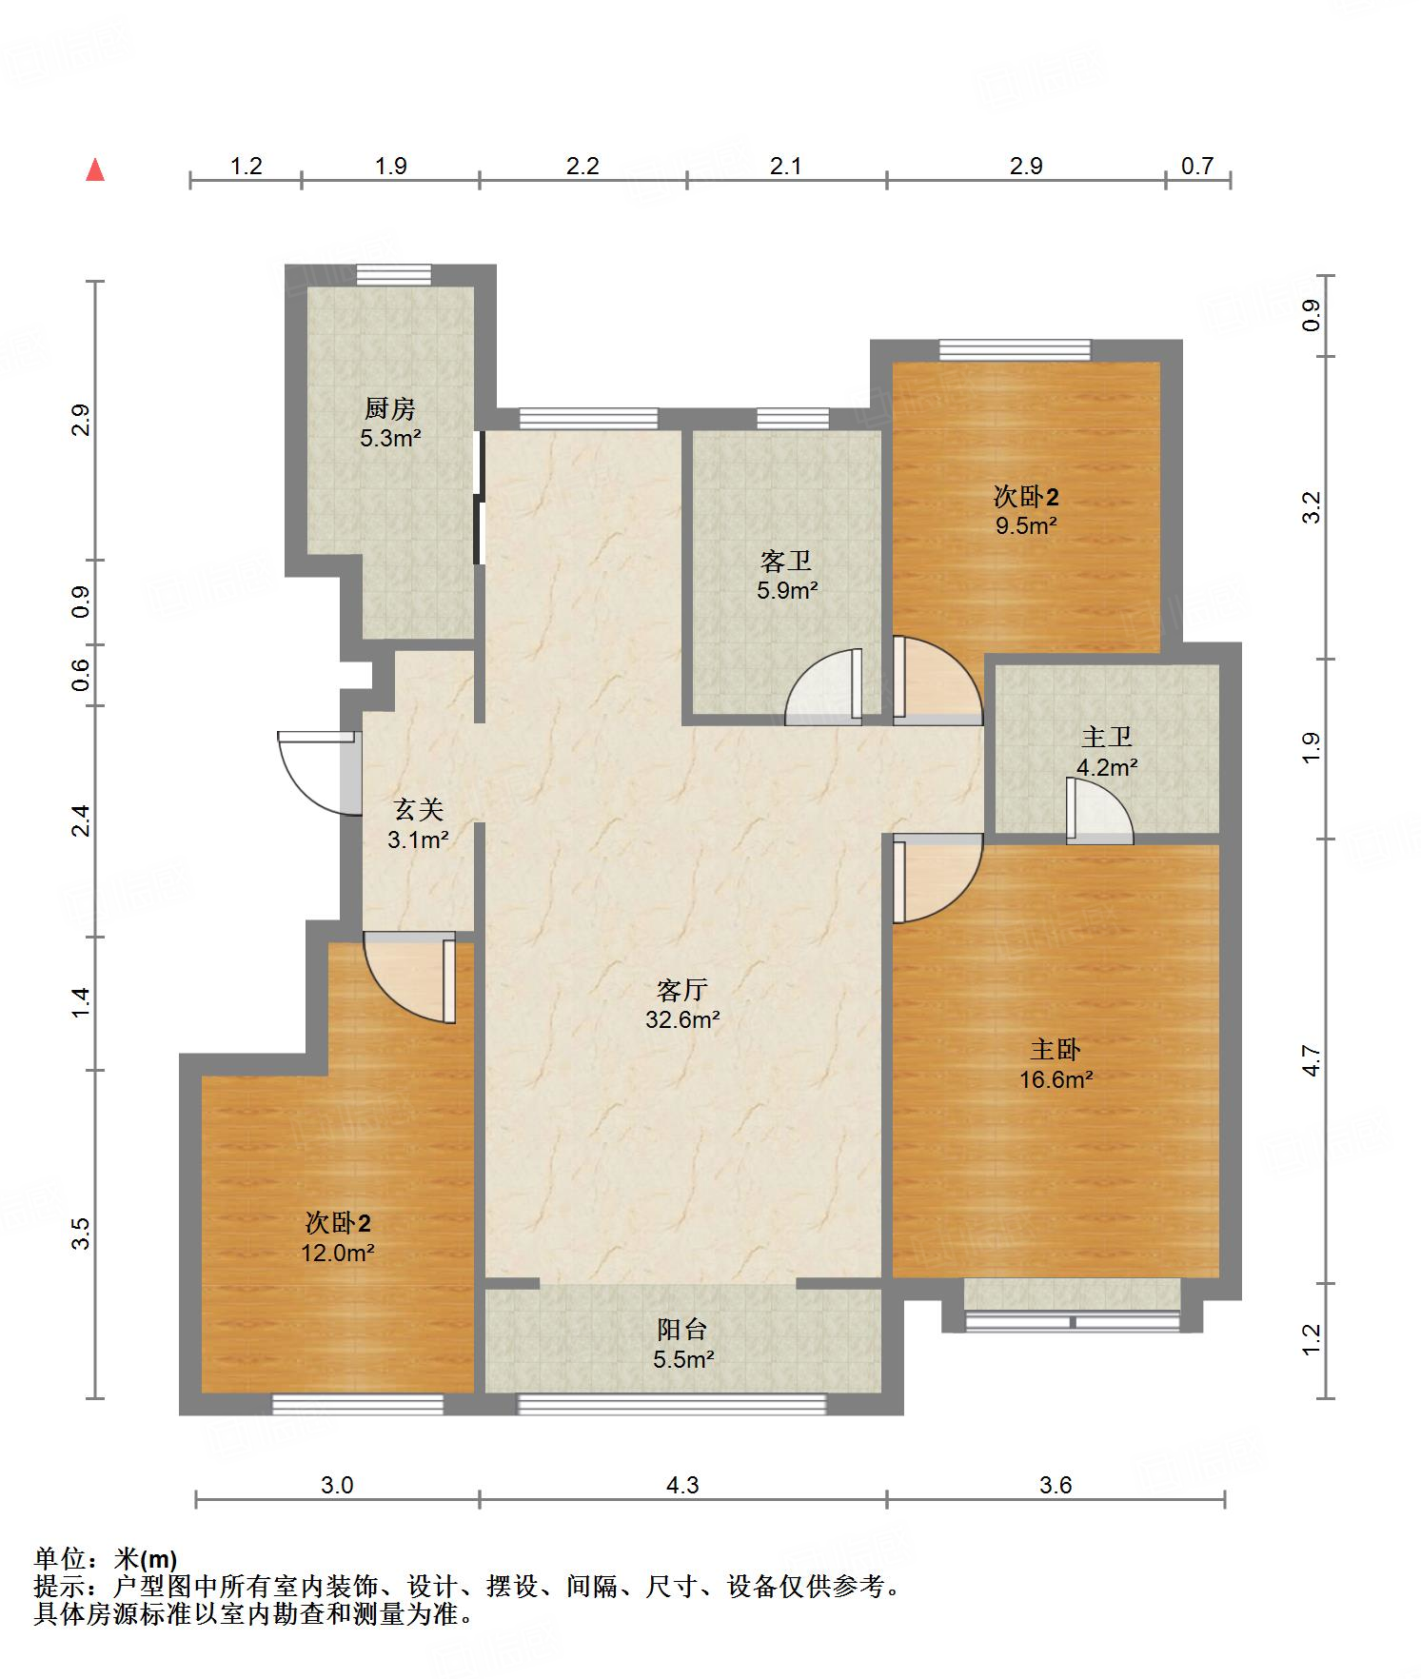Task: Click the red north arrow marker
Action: [x=95, y=169]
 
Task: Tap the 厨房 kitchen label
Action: [x=390, y=409]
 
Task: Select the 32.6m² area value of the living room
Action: [x=682, y=1020]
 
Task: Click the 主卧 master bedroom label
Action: [x=1056, y=1050]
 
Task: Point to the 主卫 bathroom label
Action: [x=1106, y=737]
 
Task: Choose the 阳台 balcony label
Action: [x=682, y=1330]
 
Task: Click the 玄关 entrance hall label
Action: [x=419, y=810]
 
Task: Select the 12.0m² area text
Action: [x=338, y=1253]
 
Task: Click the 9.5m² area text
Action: [x=1027, y=525]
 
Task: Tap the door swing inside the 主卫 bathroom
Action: [x=1099, y=811]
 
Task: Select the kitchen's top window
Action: [x=394, y=274]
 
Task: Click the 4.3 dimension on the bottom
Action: [x=682, y=1485]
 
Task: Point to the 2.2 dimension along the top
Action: [x=582, y=167]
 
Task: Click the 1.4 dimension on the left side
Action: [x=81, y=1002]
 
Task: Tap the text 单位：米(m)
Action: [x=106, y=1559]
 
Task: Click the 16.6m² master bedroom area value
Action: [x=1056, y=1079]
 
